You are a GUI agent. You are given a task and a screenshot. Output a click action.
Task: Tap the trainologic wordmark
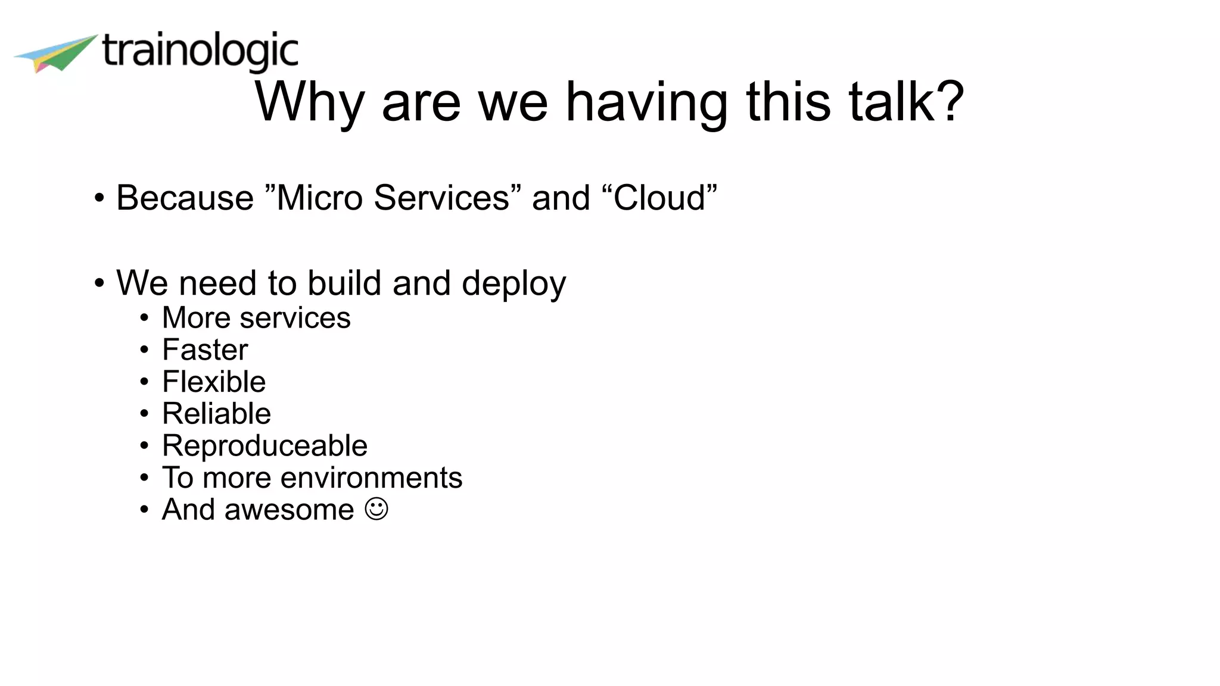pos(200,52)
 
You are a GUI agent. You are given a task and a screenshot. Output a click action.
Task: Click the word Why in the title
pos(309,102)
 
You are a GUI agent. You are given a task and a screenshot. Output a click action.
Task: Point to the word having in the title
pos(646,102)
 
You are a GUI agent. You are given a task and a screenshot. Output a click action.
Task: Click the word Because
pos(185,198)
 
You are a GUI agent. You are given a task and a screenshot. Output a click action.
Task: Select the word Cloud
pos(659,198)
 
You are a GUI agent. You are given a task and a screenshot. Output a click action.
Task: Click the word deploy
pos(513,283)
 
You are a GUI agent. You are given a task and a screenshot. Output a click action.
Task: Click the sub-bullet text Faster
pos(205,350)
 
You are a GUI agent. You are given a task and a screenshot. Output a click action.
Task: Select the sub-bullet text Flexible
pos(214,382)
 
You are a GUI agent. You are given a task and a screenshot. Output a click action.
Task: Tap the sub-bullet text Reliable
pos(216,414)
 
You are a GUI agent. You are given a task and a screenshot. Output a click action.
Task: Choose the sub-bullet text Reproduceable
pos(264,446)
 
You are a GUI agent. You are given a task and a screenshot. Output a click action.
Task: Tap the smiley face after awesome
pos(376,509)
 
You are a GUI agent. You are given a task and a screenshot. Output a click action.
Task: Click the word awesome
pos(289,510)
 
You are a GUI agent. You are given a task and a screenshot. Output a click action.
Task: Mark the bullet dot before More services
pos(144,318)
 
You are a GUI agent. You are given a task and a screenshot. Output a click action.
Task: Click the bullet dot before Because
pos(99,198)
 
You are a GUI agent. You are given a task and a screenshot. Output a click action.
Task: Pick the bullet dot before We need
pos(99,283)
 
